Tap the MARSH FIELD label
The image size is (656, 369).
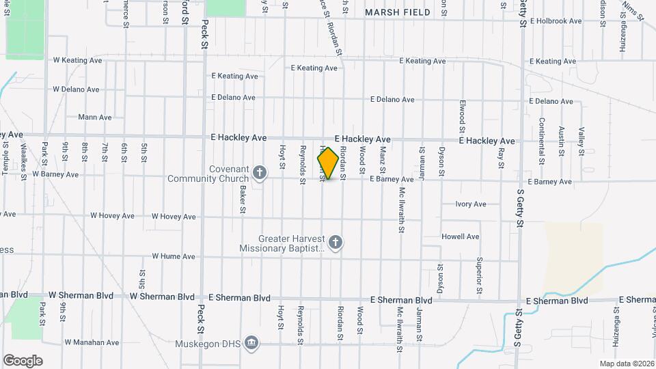click(398, 12)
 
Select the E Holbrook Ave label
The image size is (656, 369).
click(555, 21)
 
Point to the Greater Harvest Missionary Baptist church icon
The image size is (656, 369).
click(335, 241)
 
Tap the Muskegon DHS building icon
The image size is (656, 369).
click(251, 342)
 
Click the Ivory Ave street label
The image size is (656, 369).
click(471, 204)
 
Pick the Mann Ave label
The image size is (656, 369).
click(95, 117)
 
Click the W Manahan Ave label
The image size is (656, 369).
click(92, 342)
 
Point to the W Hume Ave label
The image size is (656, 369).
click(174, 256)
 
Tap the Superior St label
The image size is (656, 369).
click(480, 271)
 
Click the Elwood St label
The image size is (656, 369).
click(463, 116)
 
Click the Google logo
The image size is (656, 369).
click(23, 360)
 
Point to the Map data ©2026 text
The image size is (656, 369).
click(626, 364)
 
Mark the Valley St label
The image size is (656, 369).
click(582, 140)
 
